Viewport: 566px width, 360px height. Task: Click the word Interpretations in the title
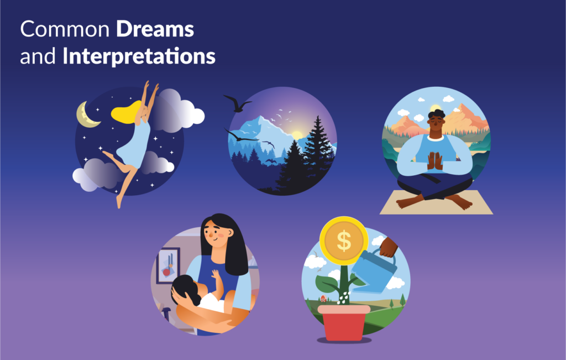point(139,56)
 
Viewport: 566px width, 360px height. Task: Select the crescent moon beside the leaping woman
point(87,114)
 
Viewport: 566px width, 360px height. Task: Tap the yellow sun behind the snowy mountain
point(298,134)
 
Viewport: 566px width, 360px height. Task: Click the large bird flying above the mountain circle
point(237,103)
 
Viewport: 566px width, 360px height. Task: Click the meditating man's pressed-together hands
point(434,160)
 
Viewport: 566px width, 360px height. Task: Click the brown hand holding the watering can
point(388,247)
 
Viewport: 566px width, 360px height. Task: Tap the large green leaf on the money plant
point(328,282)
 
